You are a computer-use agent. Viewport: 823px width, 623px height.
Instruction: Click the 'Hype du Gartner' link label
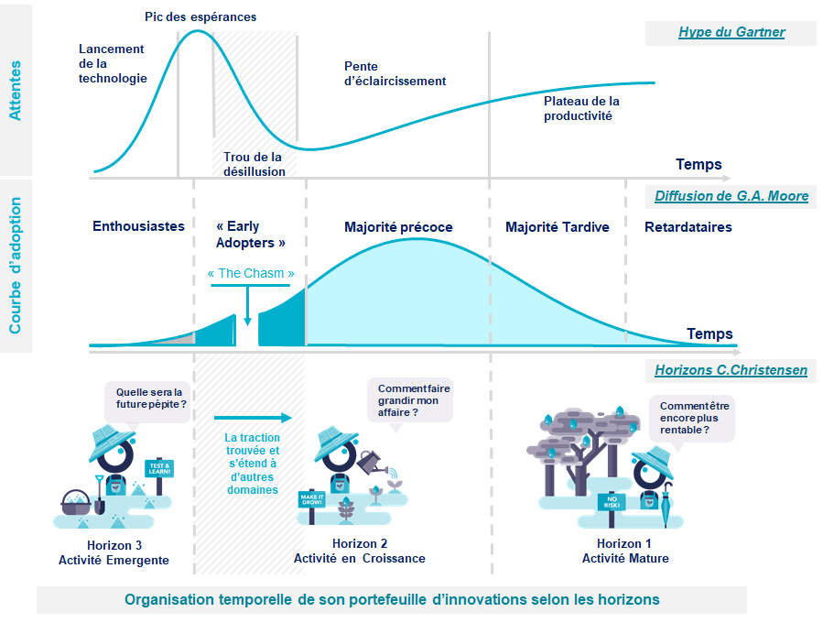click(x=731, y=33)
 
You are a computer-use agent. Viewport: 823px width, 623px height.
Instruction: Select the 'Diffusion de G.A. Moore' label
click(x=731, y=196)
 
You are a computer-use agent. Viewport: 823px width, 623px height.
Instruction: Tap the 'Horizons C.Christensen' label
click(x=731, y=370)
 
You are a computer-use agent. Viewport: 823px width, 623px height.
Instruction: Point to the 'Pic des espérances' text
click(x=200, y=16)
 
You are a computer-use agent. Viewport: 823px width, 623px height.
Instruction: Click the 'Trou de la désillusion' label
click(x=254, y=164)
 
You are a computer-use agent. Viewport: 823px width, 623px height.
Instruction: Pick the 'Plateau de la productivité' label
click(x=581, y=108)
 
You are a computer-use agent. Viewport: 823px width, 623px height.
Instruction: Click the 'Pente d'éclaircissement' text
click(x=395, y=73)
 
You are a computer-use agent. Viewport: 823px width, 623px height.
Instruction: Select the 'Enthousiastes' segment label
click(x=138, y=226)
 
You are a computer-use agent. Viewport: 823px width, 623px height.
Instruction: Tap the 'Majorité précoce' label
click(x=398, y=227)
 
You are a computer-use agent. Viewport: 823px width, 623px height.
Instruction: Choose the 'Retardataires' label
click(x=688, y=227)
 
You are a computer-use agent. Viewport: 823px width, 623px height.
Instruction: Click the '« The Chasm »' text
click(x=251, y=273)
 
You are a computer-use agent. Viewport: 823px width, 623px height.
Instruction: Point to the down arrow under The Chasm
click(x=247, y=306)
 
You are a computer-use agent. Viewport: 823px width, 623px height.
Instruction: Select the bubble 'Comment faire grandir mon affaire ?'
click(x=409, y=400)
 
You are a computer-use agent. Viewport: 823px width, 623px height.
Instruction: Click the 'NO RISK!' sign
click(x=611, y=502)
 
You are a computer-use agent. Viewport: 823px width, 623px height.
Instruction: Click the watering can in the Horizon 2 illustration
click(x=373, y=462)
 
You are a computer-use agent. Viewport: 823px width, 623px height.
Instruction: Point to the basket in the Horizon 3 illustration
click(x=77, y=502)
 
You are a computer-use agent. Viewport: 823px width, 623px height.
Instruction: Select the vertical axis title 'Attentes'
click(x=16, y=91)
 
